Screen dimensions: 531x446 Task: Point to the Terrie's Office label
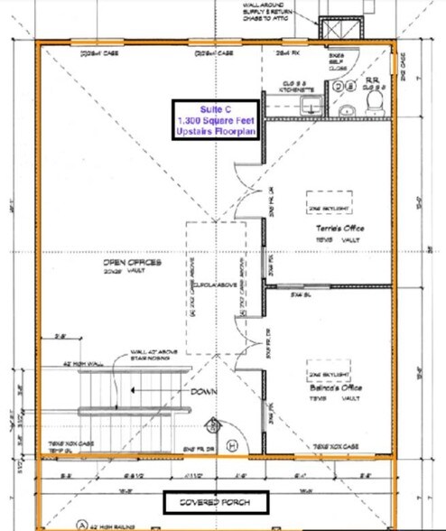(x=329, y=229)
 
